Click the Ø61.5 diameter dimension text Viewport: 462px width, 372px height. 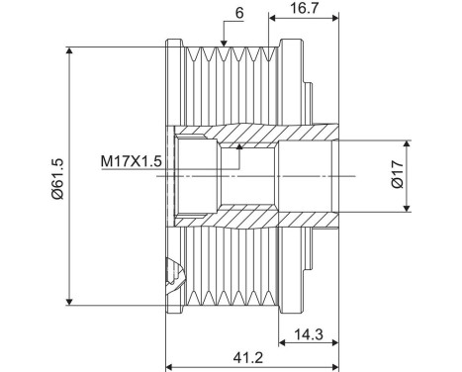tap(57, 175)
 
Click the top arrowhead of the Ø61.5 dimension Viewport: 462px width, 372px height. tap(69, 49)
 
